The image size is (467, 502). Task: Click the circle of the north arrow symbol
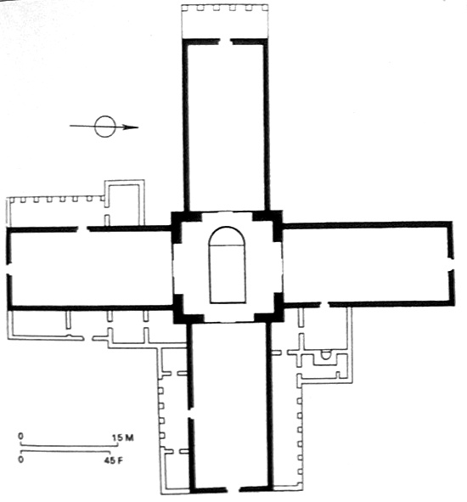point(105,116)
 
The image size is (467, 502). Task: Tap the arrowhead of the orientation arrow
point(131,127)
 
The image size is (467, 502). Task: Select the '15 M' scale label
point(123,437)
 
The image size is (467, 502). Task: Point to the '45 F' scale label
point(113,460)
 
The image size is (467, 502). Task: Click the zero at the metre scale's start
point(21,436)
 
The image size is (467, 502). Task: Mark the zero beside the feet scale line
point(21,460)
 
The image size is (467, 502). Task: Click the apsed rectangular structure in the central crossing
point(228,265)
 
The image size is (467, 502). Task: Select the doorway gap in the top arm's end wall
point(225,42)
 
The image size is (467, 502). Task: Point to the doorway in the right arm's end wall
point(451,264)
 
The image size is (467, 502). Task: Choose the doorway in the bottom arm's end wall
point(233,489)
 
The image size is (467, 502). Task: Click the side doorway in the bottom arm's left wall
point(190,414)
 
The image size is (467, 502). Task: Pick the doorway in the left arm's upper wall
point(83,228)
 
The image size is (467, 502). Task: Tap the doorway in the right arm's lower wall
point(325,304)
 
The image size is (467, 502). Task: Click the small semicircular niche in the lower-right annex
point(326,355)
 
